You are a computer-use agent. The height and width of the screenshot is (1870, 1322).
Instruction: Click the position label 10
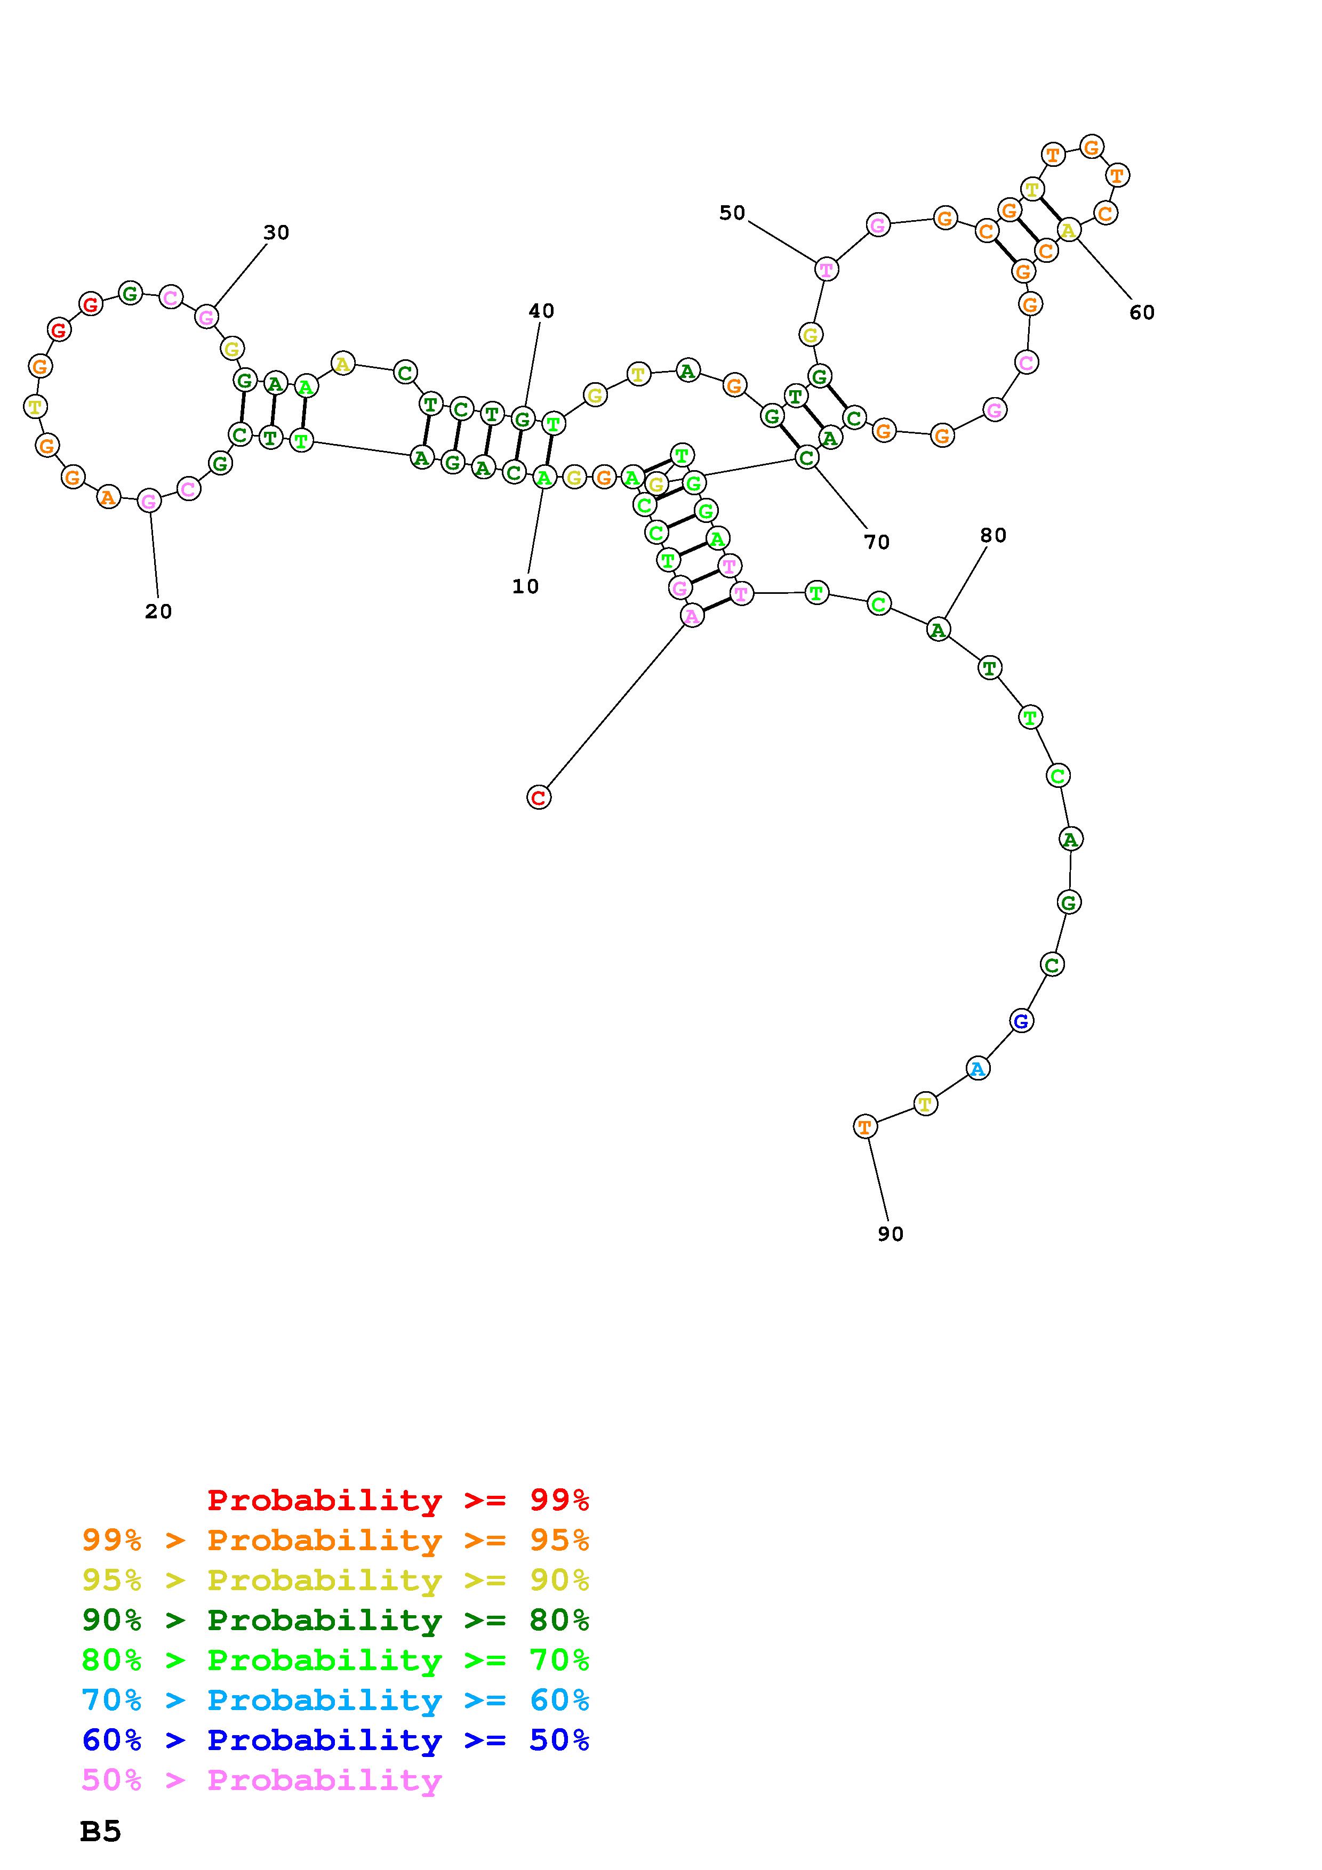[525, 586]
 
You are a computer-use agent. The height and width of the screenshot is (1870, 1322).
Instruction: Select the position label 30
[276, 233]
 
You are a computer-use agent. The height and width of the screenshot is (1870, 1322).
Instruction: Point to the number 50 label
[732, 213]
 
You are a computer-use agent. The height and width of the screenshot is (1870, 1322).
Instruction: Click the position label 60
[1142, 313]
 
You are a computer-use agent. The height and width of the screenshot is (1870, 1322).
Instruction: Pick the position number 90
[890, 1234]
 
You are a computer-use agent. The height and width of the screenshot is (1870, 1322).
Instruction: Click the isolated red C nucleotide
[539, 797]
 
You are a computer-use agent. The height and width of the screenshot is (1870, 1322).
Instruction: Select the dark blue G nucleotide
[1021, 1020]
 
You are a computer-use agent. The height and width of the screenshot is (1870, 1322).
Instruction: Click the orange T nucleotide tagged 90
[865, 1126]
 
